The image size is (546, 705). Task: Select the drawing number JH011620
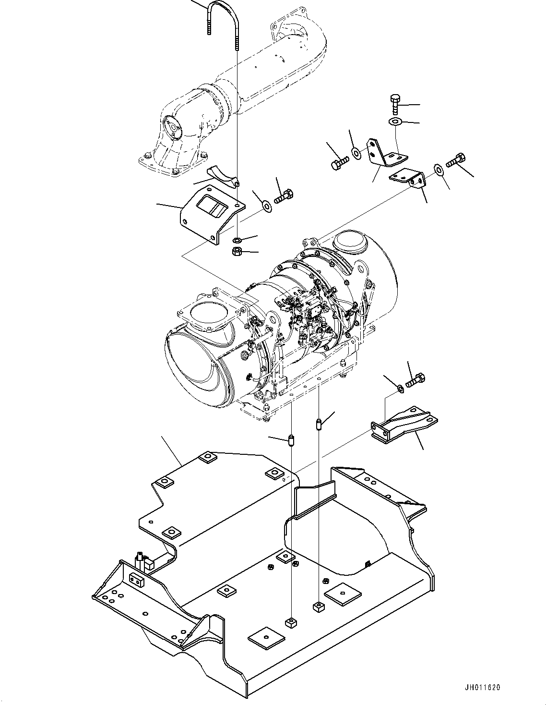pyautogui.click(x=481, y=688)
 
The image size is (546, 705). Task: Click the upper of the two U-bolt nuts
pyautogui.click(x=237, y=240)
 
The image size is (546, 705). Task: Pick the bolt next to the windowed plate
pyautogui.click(x=284, y=196)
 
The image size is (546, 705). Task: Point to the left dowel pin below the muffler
pyautogui.click(x=291, y=440)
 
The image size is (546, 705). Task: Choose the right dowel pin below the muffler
pyautogui.click(x=319, y=425)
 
